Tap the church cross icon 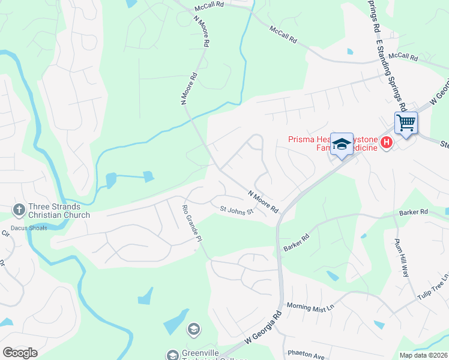point(19,209)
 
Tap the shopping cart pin point(406,123)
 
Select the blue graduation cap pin point(342,144)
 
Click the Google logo point(20,353)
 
